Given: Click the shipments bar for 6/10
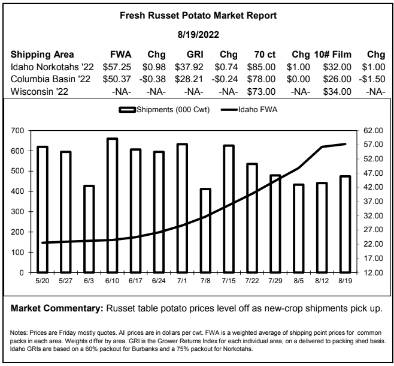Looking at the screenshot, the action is point(113,205).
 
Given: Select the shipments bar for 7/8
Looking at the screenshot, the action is point(205,230).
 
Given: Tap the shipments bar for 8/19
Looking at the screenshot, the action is point(345,224).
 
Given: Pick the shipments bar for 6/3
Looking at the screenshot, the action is point(89,229).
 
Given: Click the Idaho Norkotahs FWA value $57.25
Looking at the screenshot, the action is point(117,67).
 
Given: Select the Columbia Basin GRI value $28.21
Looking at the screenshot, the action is point(189,79).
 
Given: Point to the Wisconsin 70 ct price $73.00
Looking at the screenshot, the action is point(261,92).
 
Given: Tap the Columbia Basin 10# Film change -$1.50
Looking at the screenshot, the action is point(372,79).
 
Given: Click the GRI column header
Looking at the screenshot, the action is point(195,55).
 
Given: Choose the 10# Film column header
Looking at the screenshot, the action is point(333,55).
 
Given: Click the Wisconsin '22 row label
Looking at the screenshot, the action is point(40,92).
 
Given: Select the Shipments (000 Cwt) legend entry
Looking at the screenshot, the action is point(164,110).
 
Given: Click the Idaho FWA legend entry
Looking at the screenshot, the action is point(249,110).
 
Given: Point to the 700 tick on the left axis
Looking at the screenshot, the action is point(17,131).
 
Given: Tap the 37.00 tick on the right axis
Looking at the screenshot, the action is point(373,202).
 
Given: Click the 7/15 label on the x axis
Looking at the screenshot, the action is point(229,281).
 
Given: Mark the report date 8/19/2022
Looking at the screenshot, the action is point(198,35).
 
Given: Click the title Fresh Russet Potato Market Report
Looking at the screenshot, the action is point(198,16).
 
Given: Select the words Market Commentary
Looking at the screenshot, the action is point(57,308).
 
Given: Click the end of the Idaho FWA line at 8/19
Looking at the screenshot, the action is point(345,144).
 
